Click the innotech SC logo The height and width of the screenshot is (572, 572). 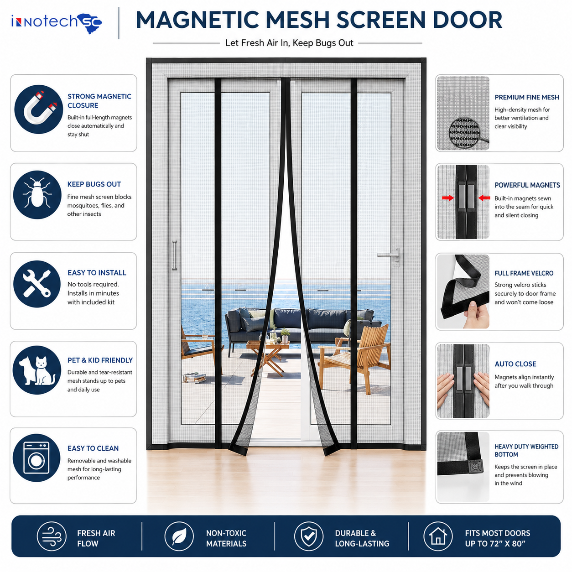[57, 23]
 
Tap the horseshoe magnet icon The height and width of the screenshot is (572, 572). [39, 109]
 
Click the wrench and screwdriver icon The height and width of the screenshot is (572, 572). [37, 283]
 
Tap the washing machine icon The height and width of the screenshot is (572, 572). [36, 458]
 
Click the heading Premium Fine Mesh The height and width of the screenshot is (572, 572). [526, 97]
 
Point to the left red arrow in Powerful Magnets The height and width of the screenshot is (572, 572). [448, 198]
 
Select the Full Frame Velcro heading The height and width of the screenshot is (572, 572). [524, 273]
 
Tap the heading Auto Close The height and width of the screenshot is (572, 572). [515, 364]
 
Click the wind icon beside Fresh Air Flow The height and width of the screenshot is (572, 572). [52, 536]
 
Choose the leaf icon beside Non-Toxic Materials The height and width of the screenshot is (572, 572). [179, 536]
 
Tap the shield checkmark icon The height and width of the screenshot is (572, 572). [309, 536]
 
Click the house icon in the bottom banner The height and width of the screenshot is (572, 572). [438, 536]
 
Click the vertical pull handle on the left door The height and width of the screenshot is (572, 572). [175, 255]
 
